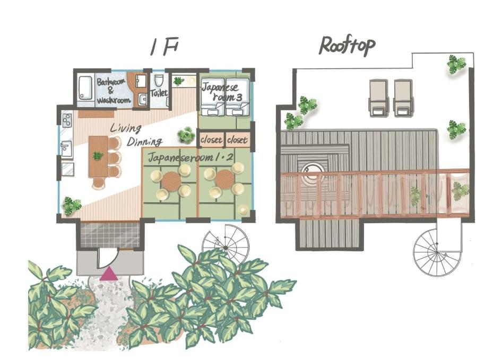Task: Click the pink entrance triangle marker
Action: (x=109, y=274)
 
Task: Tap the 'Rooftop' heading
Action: (x=347, y=47)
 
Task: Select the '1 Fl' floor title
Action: (x=163, y=48)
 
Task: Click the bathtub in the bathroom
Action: (x=85, y=87)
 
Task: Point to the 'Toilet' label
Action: (x=159, y=93)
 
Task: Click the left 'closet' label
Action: (x=211, y=140)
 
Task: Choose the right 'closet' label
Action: (x=237, y=140)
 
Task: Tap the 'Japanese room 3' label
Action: (x=222, y=92)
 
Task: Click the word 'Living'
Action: (x=125, y=129)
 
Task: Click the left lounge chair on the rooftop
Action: (x=379, y=98)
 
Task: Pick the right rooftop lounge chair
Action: (x=403, y=98)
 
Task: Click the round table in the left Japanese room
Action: (x=171, y=181)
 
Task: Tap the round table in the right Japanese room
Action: (x=225, y=179)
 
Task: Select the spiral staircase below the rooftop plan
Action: (x=437, y=251)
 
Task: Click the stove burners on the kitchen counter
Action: (x=67, y=121)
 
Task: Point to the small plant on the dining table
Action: (x=98, y=156)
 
